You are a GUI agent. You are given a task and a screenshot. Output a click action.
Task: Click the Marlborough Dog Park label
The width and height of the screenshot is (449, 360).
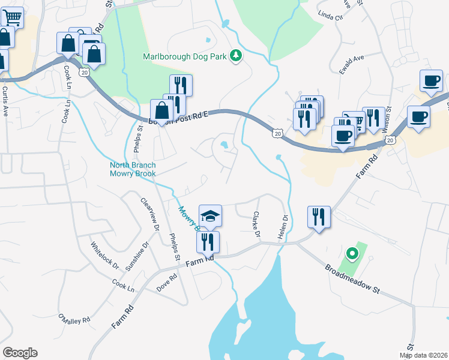click(x=186, y=57)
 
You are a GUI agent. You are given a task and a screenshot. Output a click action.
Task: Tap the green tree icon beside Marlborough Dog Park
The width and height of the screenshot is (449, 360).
click(x=237, y=56)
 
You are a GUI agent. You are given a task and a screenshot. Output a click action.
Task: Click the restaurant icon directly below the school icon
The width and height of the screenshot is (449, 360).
click(x=208, y=242)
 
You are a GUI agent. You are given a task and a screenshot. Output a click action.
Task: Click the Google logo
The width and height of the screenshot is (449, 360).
click(x=20, y=353)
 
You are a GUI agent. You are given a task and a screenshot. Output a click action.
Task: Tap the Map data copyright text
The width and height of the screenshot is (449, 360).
click(x=423, y=355)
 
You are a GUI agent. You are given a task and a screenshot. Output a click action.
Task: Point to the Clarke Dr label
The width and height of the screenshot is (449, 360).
click(x=257, y=223)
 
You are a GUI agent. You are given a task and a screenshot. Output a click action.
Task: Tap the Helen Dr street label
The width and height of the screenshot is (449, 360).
click(x=282, y=228)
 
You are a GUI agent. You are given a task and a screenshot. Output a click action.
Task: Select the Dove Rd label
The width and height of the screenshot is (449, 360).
click(x=167, y=280)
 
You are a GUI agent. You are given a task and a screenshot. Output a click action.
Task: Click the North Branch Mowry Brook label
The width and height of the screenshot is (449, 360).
click(x=133, y=169)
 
